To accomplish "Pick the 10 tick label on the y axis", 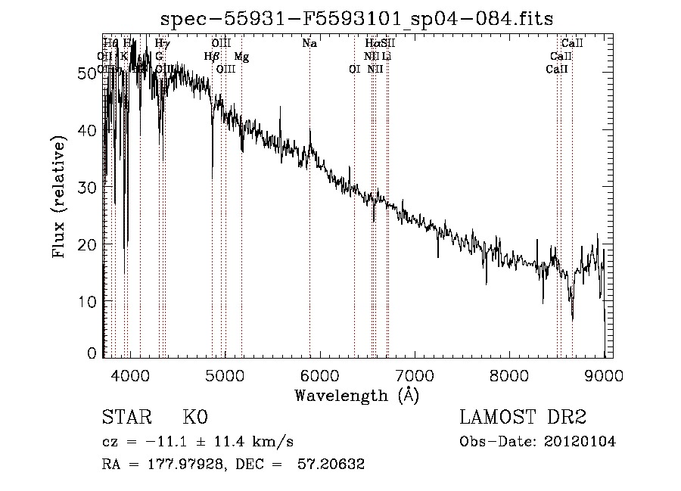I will (89, 301).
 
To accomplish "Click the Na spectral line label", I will (309, 44).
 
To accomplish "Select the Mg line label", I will (241, 57).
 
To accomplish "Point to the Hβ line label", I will (212, 57).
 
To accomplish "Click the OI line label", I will (353, 70).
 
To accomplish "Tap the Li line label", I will (387, 57).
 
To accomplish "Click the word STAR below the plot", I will (126, 418).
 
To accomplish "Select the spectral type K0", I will (194, 418).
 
